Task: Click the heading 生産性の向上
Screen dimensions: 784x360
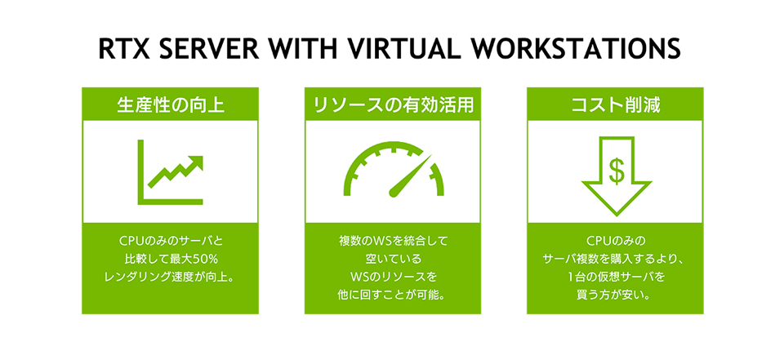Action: point(170,104)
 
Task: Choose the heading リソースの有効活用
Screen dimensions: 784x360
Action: point(393,104)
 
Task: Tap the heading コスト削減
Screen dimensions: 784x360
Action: point(615,104)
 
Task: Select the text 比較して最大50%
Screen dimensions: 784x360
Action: point(170,260)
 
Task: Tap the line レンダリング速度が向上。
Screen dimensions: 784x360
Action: point(170,277)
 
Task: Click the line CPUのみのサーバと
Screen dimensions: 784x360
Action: point(170,242)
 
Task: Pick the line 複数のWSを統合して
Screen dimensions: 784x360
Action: point(393,242)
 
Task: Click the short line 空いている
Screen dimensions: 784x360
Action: point(393,260)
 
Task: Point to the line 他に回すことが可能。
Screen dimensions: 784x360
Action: point(393,294)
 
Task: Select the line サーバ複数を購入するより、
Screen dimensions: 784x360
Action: point(615,260)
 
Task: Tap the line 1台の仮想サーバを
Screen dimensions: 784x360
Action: point(615,277)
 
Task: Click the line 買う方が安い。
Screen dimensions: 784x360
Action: point(615,294)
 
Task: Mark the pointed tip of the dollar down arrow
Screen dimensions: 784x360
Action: point(616,216)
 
